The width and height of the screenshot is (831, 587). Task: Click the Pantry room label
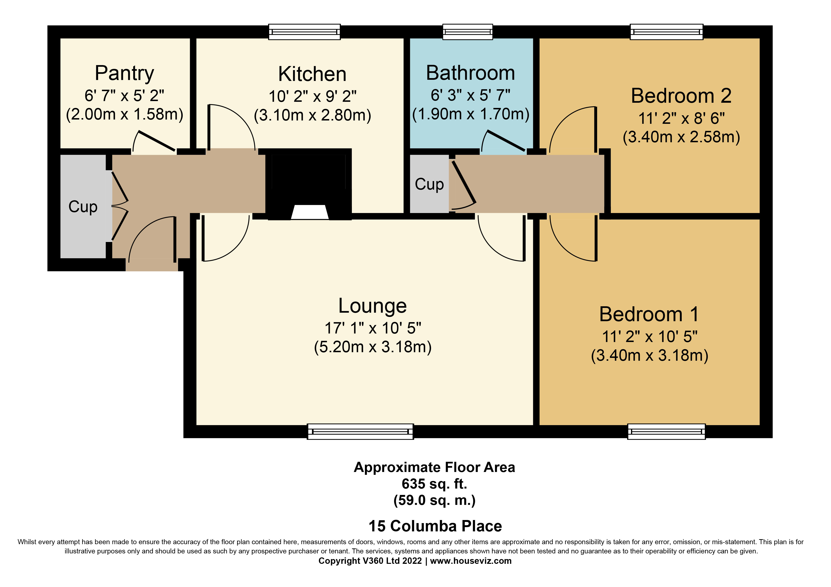click(124, 73)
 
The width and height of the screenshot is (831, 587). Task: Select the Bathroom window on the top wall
click(467, 32)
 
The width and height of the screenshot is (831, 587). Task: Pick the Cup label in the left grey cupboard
click(83, 207)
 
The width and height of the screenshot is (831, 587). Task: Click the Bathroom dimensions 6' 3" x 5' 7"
click(470, 95)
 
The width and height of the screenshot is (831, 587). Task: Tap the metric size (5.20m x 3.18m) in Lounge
click(372, 347)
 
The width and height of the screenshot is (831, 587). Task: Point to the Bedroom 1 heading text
click(649, 314)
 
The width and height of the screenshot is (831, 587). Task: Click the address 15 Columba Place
click(435, 526)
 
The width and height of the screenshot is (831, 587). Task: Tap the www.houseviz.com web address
click(471, 561)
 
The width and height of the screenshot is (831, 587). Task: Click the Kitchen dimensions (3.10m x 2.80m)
click(312, 115)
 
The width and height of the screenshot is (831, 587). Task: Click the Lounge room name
click(372, 306)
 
